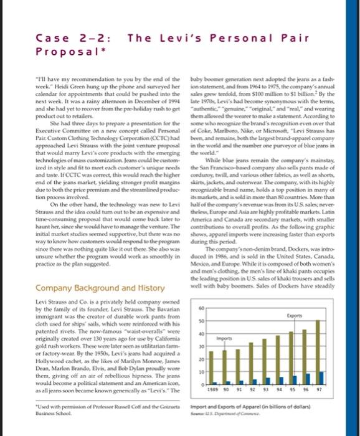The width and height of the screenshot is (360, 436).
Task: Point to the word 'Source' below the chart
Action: tap(201, 429)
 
